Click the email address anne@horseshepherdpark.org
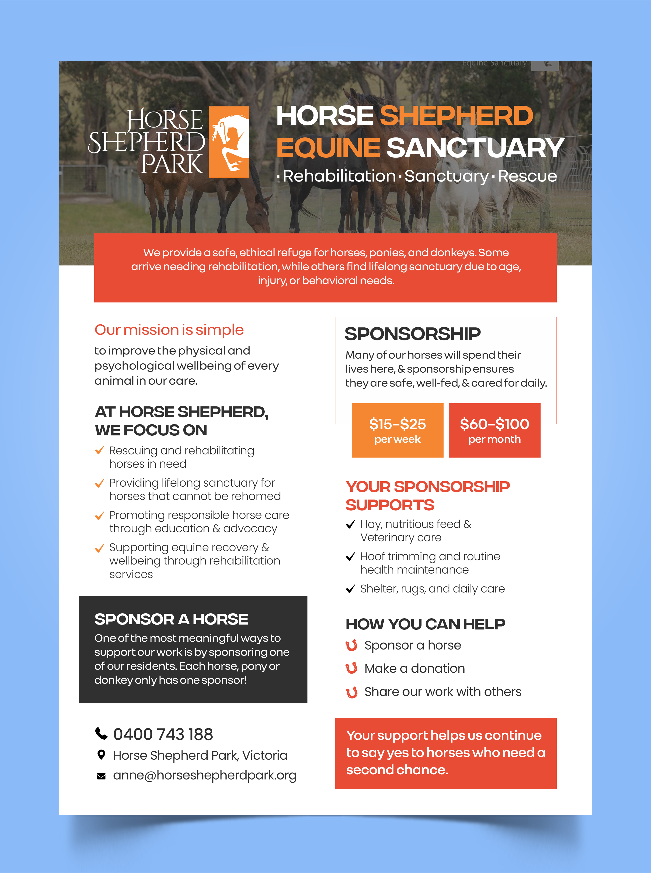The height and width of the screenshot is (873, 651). (205, 775)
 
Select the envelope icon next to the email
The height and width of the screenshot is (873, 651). (101, 776)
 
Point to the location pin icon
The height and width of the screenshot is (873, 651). (101, 755)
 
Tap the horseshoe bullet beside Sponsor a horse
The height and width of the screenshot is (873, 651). (351, 646)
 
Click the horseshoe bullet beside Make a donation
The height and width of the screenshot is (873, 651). (351, 668)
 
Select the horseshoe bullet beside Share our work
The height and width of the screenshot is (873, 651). (351, 692)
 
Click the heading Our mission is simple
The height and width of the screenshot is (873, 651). (169, 330)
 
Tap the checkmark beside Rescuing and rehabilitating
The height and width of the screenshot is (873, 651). (100, 450)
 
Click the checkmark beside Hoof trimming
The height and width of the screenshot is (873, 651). (350, 556)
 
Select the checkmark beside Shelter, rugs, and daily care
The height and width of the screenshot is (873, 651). (350, 589)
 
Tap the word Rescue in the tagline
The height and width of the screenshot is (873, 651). (527, 176)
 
